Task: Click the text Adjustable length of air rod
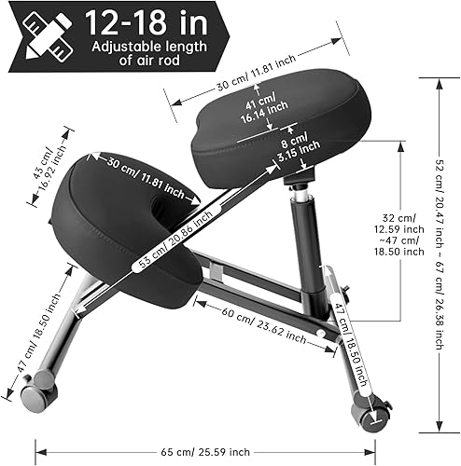[x=139, y=53]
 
